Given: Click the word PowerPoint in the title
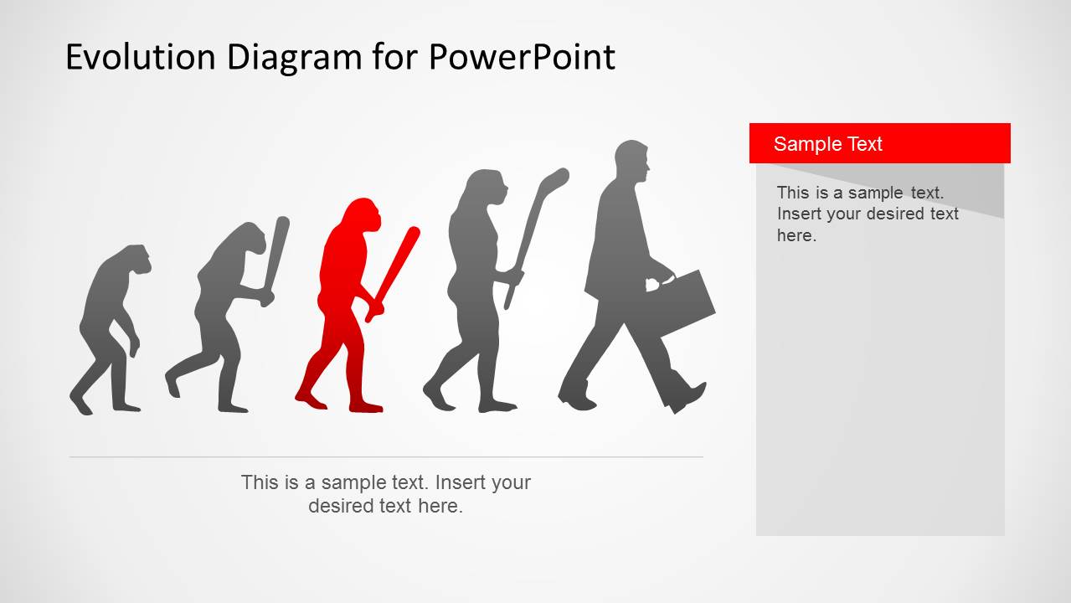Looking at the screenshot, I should point(522,57).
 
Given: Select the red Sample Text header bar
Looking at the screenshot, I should point(879,143).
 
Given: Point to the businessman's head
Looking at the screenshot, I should point(632,161).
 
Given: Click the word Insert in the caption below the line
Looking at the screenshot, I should point(460,482).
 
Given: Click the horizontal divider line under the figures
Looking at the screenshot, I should point(385,457).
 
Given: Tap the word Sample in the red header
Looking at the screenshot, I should point(801,144).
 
